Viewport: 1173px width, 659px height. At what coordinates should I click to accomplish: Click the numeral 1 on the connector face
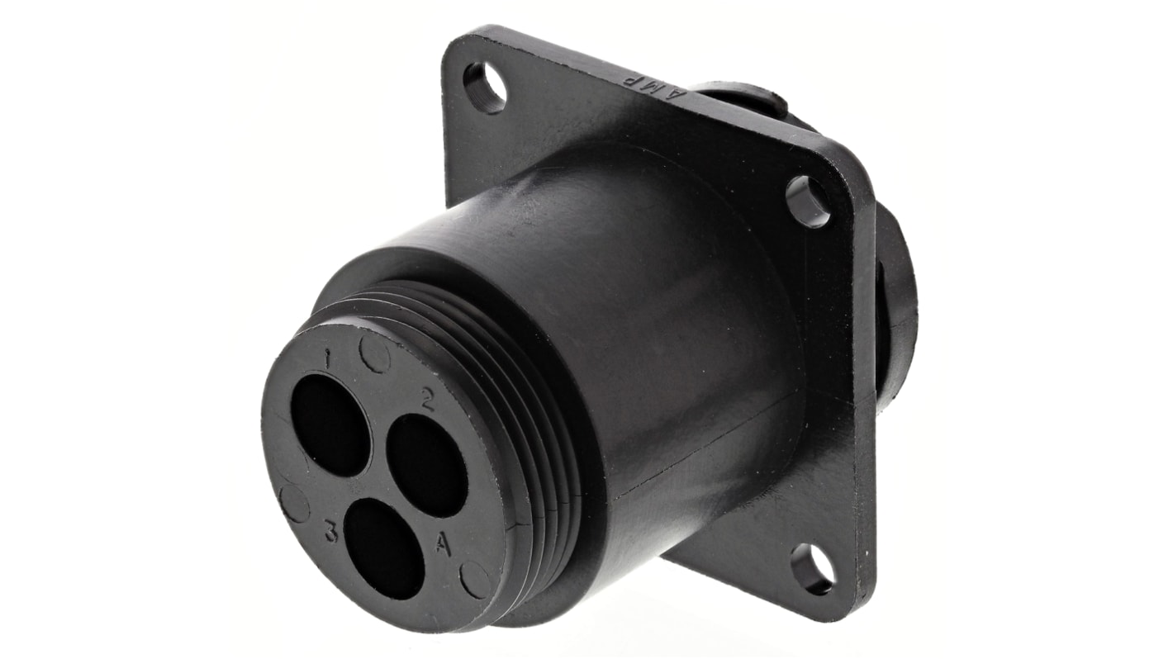coord(328,359)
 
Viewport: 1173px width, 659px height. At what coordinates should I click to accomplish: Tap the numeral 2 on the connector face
coord(427,400)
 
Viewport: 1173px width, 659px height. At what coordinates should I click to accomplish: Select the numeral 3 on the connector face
coord(330,533)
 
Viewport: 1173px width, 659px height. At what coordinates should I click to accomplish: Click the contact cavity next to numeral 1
coord(330,424)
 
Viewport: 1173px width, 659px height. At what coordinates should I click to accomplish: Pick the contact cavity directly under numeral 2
coord(426,465)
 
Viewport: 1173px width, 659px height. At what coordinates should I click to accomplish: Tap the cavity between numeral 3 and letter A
coord(383,549)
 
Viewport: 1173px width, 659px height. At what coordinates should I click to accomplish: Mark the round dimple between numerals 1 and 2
coord(375,354)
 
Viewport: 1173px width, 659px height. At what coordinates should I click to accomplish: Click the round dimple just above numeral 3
coord(295,503)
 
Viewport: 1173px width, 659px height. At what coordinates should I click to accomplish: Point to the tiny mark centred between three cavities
coord(377,478)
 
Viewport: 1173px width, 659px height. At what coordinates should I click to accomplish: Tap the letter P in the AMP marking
coord(632,81)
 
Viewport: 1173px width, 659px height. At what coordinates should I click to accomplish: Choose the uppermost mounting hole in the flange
coord(485,87)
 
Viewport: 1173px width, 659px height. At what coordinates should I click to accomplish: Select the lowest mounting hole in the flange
coord(811,568)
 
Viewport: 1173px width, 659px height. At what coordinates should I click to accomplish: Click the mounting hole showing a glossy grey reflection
coord(807,201)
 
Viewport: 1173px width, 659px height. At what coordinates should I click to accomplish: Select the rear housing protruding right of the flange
coord(896,306)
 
